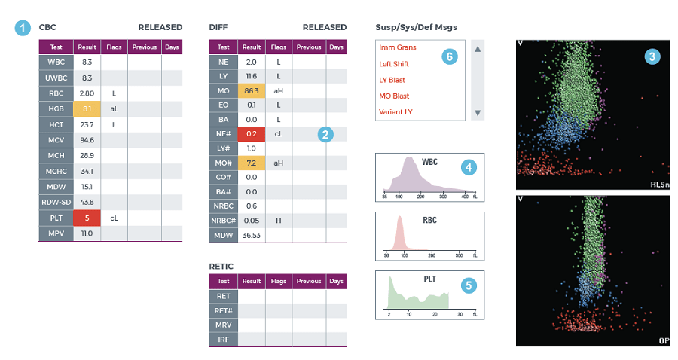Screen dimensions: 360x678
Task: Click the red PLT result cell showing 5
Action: [x=87, y=218]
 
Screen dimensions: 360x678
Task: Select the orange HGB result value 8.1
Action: [x=87, y=108]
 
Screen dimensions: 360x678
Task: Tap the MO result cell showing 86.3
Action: [x=252, y=91]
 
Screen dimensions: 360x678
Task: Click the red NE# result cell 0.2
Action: [x=252, y=134]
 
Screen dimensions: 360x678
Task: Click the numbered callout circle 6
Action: [x=450, y=56]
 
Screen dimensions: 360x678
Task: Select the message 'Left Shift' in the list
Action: [x=395, y=64]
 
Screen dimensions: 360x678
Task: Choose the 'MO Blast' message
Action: [x=394, y=96]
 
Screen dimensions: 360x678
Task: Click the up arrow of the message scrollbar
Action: [x=477, y=48]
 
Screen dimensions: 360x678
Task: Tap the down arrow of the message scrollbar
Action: [x=477, y=113]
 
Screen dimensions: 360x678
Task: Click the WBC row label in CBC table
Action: [x=56, y=63]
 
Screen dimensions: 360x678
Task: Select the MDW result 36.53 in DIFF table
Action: [x=252, y=235]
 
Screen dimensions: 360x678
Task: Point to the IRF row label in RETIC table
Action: [x=223, y=339]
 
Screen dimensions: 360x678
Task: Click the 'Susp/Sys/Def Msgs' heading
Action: [x=416, y=27]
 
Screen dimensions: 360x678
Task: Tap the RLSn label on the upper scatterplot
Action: [x=658, y=185]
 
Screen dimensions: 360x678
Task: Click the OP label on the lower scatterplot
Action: [x=664, y=340]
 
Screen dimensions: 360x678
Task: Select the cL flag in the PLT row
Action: [x=114, y=218]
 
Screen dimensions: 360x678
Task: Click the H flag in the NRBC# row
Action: [x=278, y=221]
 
